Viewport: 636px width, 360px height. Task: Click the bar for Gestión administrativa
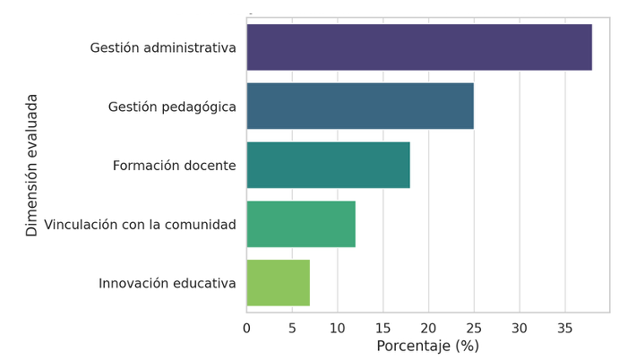[x=419, y=47]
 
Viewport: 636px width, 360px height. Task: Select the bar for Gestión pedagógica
[x=360, y=107]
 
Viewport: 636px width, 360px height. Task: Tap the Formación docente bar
[x=328, y=166]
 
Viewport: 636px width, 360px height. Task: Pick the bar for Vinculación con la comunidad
[x=301, y=224]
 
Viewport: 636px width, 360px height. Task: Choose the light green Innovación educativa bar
[x=278, y=283]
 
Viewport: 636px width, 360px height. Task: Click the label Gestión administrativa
[x=163, y=47]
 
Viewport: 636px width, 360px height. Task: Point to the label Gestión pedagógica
[x=172, y=107]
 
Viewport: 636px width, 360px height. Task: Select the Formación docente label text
[x=175, y=166]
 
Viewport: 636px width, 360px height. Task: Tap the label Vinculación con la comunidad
[x=140, y=224]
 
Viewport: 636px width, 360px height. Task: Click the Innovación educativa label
[x=168, y=283]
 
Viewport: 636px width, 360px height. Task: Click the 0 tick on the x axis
[x=247, y=328]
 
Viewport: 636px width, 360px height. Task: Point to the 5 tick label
[x=292, y=328]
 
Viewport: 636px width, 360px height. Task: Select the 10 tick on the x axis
[x=338, y=328]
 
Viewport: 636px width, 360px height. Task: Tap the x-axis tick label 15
[x=383, y=328]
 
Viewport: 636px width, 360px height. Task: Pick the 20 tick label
[x=428, y=328]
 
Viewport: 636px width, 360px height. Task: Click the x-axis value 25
[x=474, y=328]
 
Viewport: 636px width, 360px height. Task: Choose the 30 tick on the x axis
[x=520, y=328]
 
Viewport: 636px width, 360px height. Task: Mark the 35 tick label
[x=564, y=328]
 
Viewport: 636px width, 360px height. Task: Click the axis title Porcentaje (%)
[x=427, y=346]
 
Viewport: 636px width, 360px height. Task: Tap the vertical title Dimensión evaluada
[x=32, y=165]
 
